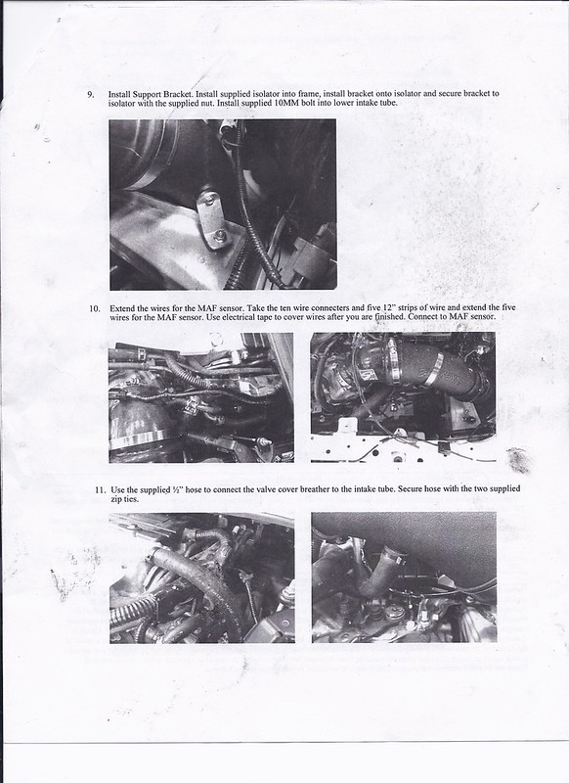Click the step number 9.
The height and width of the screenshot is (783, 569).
90,94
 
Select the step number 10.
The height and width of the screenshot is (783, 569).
95,308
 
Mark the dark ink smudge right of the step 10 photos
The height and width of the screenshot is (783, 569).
518,460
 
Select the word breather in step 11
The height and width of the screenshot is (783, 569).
316,489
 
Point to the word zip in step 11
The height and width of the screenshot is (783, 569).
115,499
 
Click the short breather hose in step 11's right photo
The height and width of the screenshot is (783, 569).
380,570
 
